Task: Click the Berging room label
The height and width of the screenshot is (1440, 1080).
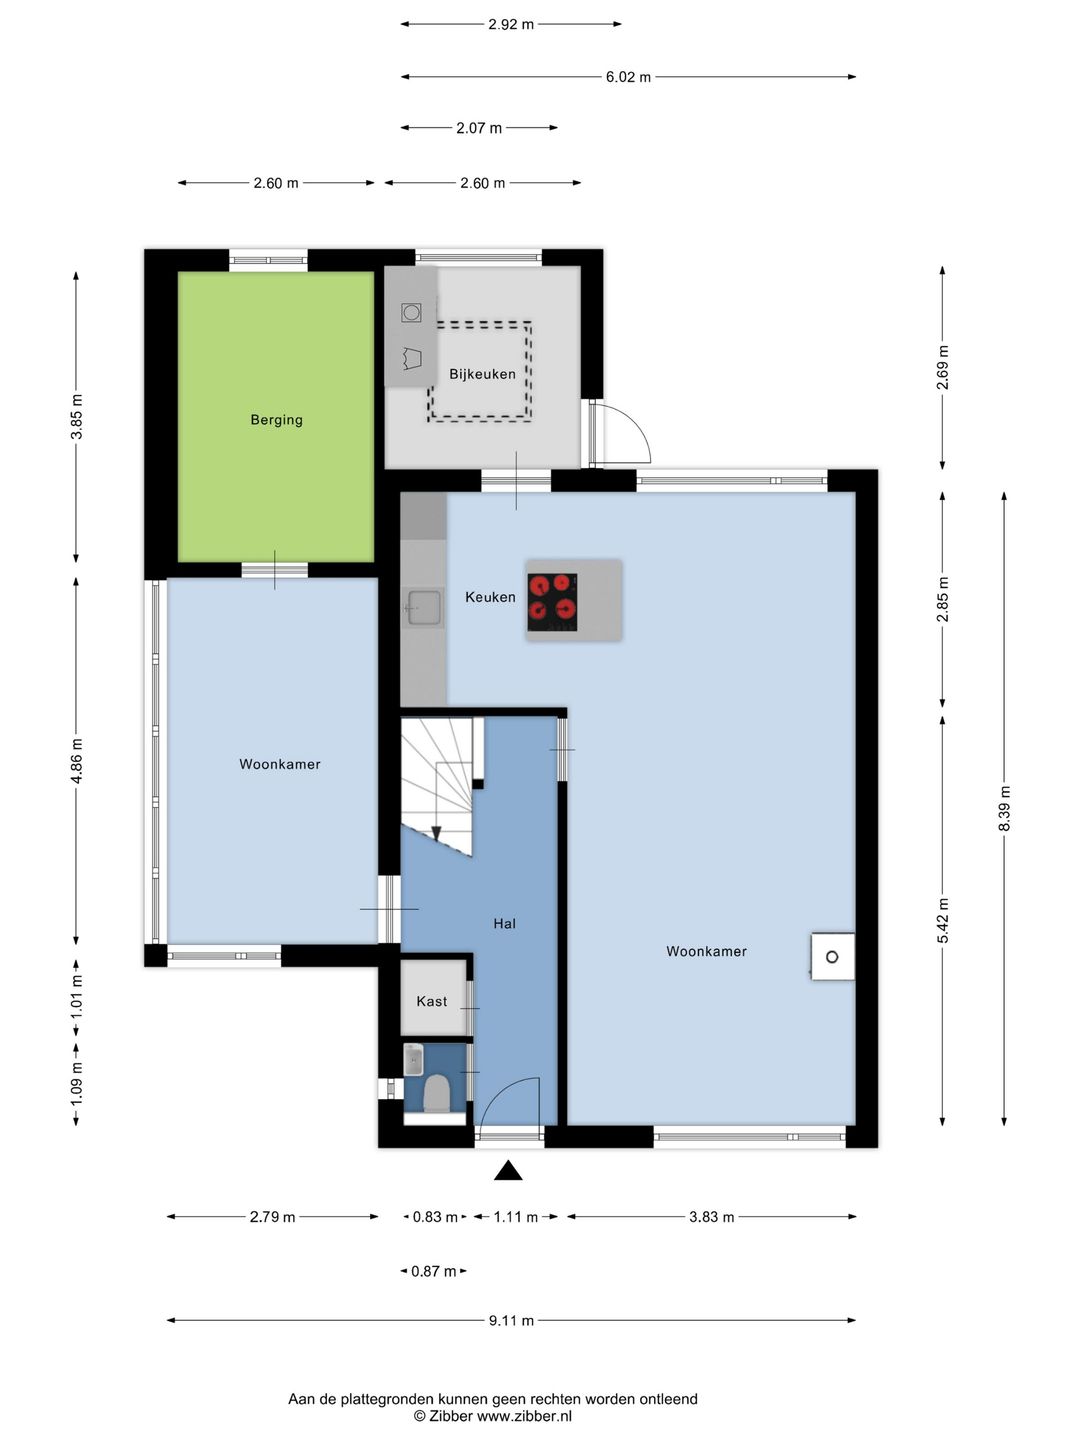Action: tap(276, 419)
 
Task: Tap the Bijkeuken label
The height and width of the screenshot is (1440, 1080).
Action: tap(482, 374)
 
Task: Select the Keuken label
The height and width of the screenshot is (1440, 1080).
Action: tap(490, 597)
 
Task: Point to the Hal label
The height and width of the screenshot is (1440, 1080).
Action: tap(504, 924)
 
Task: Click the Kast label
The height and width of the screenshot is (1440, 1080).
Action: tap(431, 1001)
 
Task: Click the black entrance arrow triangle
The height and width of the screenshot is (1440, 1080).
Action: tap(508, 1170)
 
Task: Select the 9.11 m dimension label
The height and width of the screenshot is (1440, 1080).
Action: tap(511, 1321)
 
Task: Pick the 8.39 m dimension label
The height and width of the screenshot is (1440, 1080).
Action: tap(1004, 808)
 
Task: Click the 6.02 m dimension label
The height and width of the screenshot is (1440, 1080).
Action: tap(628, 77)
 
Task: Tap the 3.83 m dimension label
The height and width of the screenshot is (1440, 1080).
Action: tap(711, 1217)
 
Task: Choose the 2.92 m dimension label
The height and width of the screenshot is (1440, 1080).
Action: tap(511, 25)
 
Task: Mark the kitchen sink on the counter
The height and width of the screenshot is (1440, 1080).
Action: tap(424, 607)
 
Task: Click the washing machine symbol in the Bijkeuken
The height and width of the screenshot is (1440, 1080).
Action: tap(411, 312)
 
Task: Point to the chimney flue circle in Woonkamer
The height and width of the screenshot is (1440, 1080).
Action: tap(832, 957)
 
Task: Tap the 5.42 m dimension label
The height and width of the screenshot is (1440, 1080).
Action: tap(942, 920)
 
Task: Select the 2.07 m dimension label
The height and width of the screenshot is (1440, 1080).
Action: tap(479, 128)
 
